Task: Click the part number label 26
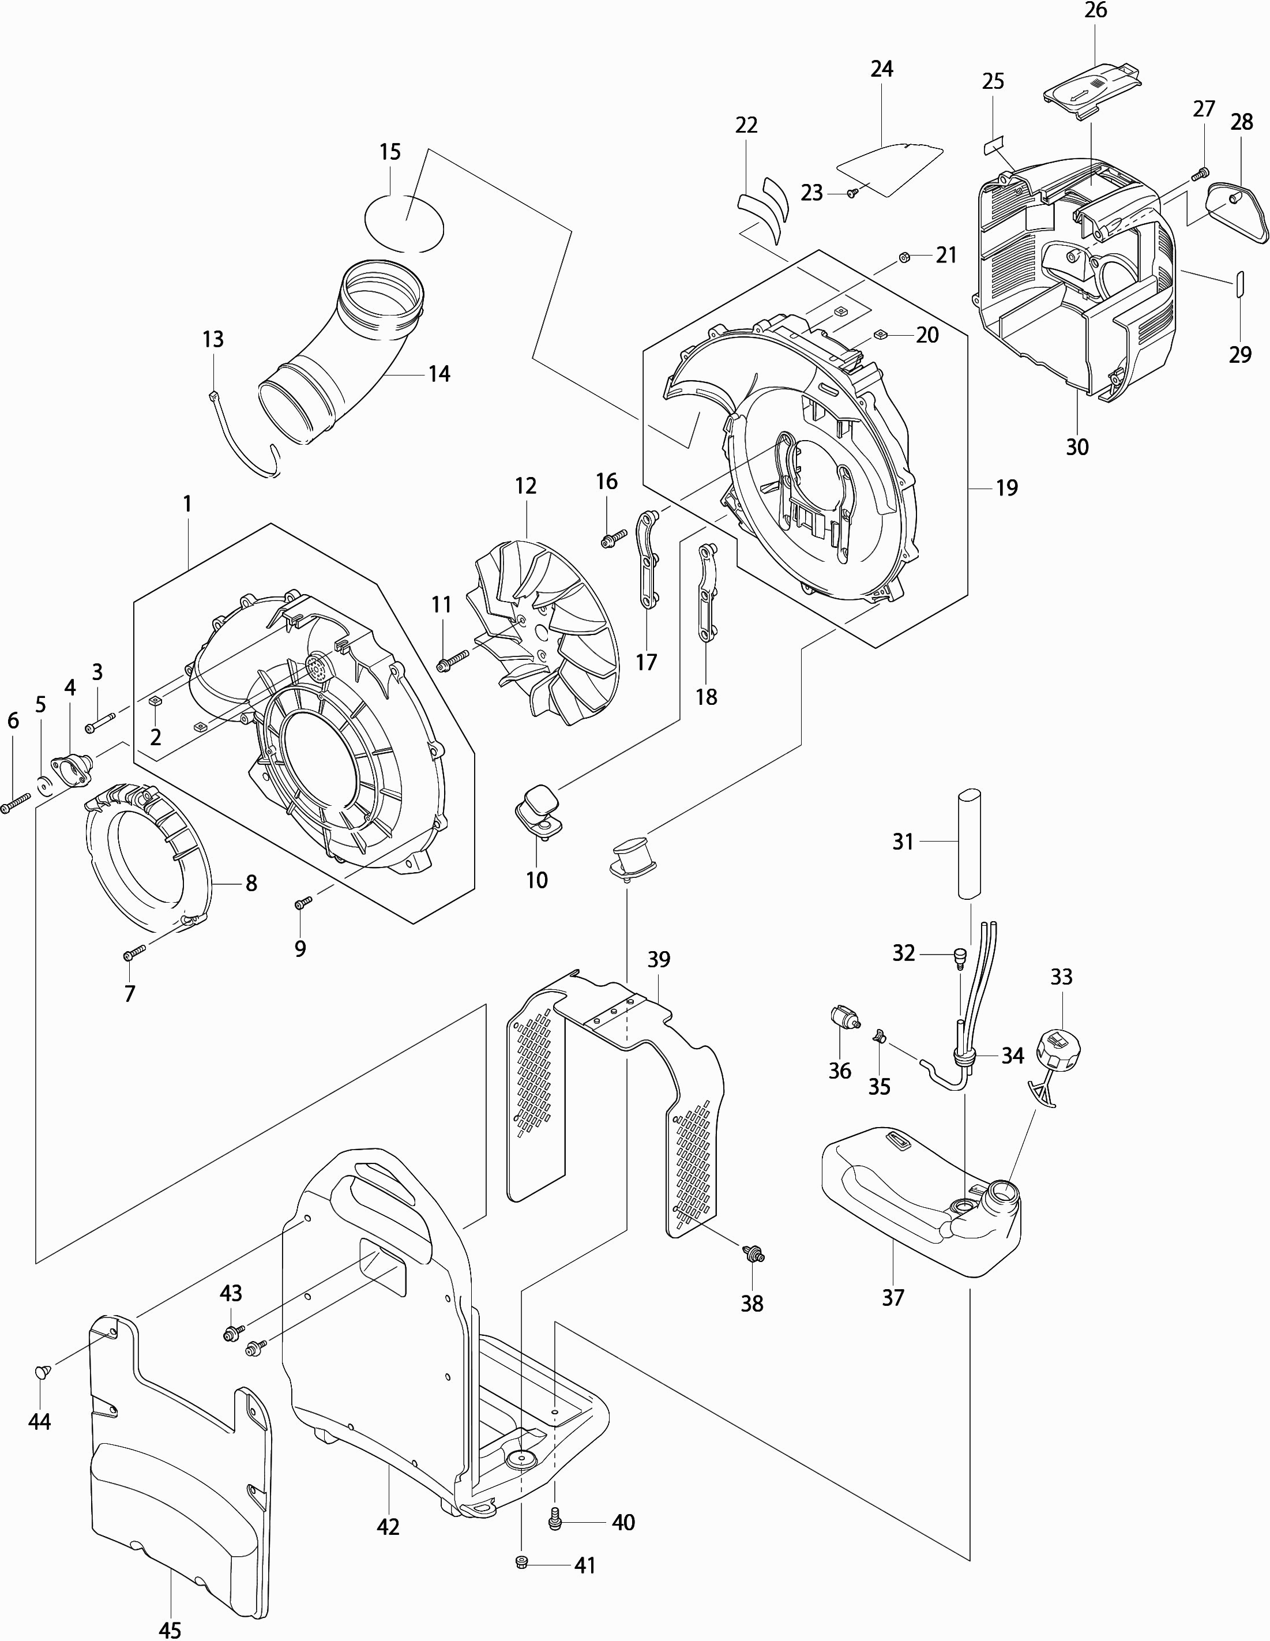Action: tap(1096, 10)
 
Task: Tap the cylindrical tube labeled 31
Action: tap(970, 843)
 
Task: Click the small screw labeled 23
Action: tap(852, 193)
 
